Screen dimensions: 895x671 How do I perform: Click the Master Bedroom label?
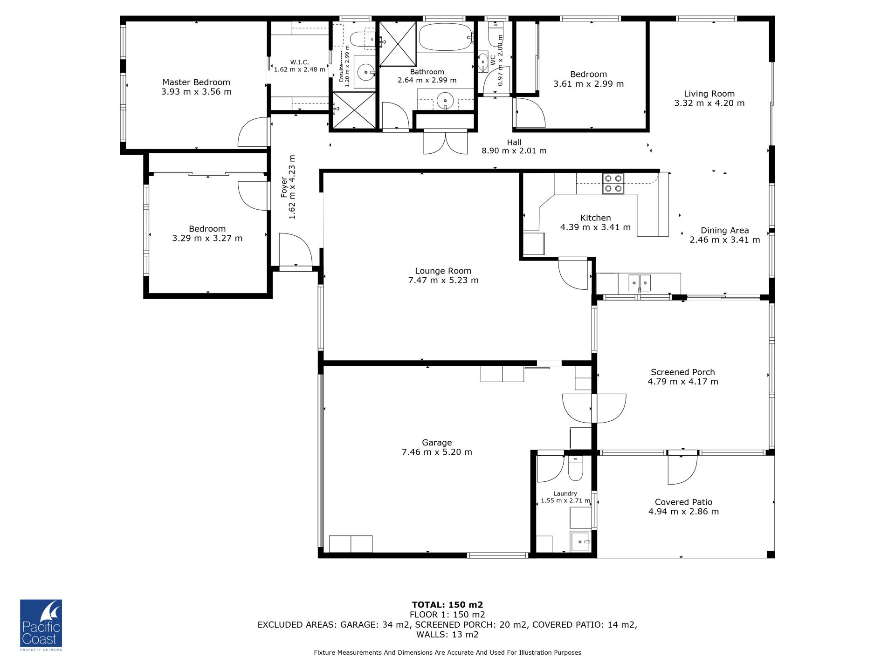pos(196,82)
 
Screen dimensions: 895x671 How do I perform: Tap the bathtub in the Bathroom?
pos(446,37)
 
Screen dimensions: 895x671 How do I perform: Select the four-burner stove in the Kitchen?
pos(613,183)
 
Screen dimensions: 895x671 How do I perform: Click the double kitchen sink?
pos(640,282)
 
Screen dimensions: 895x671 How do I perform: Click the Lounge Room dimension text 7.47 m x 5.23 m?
pos(443,280)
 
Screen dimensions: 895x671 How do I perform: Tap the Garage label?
pos(437,443)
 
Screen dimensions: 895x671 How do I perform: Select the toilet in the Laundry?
pos(575,468)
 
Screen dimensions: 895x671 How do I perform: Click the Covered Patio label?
pos(683,502)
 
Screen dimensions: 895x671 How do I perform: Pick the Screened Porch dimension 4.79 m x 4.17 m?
pos(683,382)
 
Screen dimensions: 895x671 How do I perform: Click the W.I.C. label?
pos(299,62)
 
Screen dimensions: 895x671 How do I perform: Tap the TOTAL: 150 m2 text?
pos(447,605)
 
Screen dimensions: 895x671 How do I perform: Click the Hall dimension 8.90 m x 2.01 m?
pos(514,151)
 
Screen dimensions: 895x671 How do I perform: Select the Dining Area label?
pos(725,230)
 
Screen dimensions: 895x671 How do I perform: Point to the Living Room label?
pos(709,94)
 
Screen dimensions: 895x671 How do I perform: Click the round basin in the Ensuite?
pos(366,72)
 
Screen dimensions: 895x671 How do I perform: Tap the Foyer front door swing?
pos(296,250)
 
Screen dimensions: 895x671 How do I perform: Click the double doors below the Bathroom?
pos(446,143)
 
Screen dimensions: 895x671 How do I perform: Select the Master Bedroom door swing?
pos(254,132)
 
